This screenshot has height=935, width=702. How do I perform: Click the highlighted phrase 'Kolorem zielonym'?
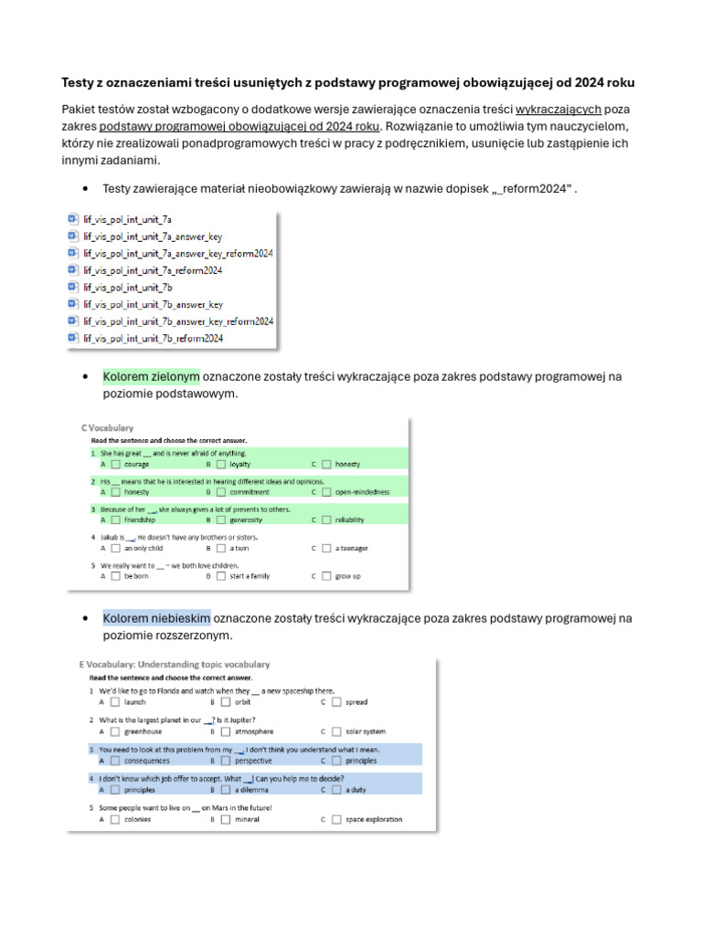151,376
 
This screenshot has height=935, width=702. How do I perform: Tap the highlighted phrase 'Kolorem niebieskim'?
156,618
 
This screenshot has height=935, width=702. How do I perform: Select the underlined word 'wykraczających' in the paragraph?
558,110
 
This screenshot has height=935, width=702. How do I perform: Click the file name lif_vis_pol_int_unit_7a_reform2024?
153,270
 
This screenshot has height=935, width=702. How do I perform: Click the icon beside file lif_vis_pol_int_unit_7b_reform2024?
73,338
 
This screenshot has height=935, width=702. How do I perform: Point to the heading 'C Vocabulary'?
108,427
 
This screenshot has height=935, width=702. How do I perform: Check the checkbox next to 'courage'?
115,464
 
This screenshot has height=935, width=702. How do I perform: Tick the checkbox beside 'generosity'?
220,520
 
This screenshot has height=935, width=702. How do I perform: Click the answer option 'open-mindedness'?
362,491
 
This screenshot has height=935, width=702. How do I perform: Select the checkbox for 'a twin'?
220,548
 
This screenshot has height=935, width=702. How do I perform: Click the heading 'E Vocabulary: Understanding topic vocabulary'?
175,665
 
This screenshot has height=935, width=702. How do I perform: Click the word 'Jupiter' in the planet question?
245,720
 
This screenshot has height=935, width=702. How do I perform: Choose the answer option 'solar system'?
365,731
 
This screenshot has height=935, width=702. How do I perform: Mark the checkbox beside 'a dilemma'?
225,791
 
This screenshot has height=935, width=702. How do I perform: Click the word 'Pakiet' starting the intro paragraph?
79,110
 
